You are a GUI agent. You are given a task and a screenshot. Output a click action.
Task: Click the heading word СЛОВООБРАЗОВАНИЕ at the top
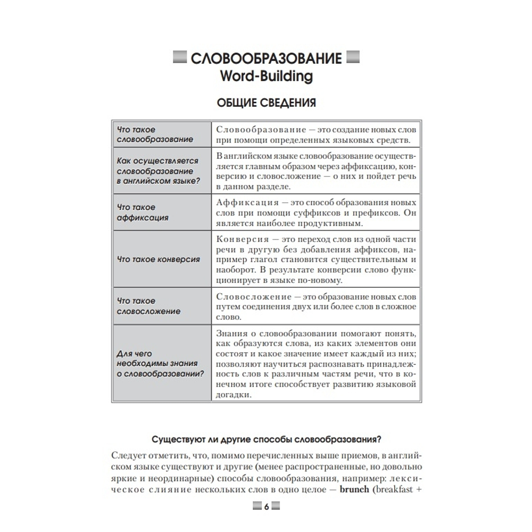(266, 58)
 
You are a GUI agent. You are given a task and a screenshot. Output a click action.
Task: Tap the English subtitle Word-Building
(266, 76)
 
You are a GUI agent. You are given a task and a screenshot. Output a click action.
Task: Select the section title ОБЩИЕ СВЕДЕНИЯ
(266, 103)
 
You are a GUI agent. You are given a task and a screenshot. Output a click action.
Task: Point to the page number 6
(266, 506)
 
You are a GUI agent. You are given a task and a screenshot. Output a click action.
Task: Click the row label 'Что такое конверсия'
(158, 260)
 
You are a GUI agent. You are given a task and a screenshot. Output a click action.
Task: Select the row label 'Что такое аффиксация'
(142, 212)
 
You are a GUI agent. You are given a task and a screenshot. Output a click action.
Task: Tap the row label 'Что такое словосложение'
(148, 306)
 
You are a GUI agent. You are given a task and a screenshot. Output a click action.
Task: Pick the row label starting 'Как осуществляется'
(157, 171)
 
